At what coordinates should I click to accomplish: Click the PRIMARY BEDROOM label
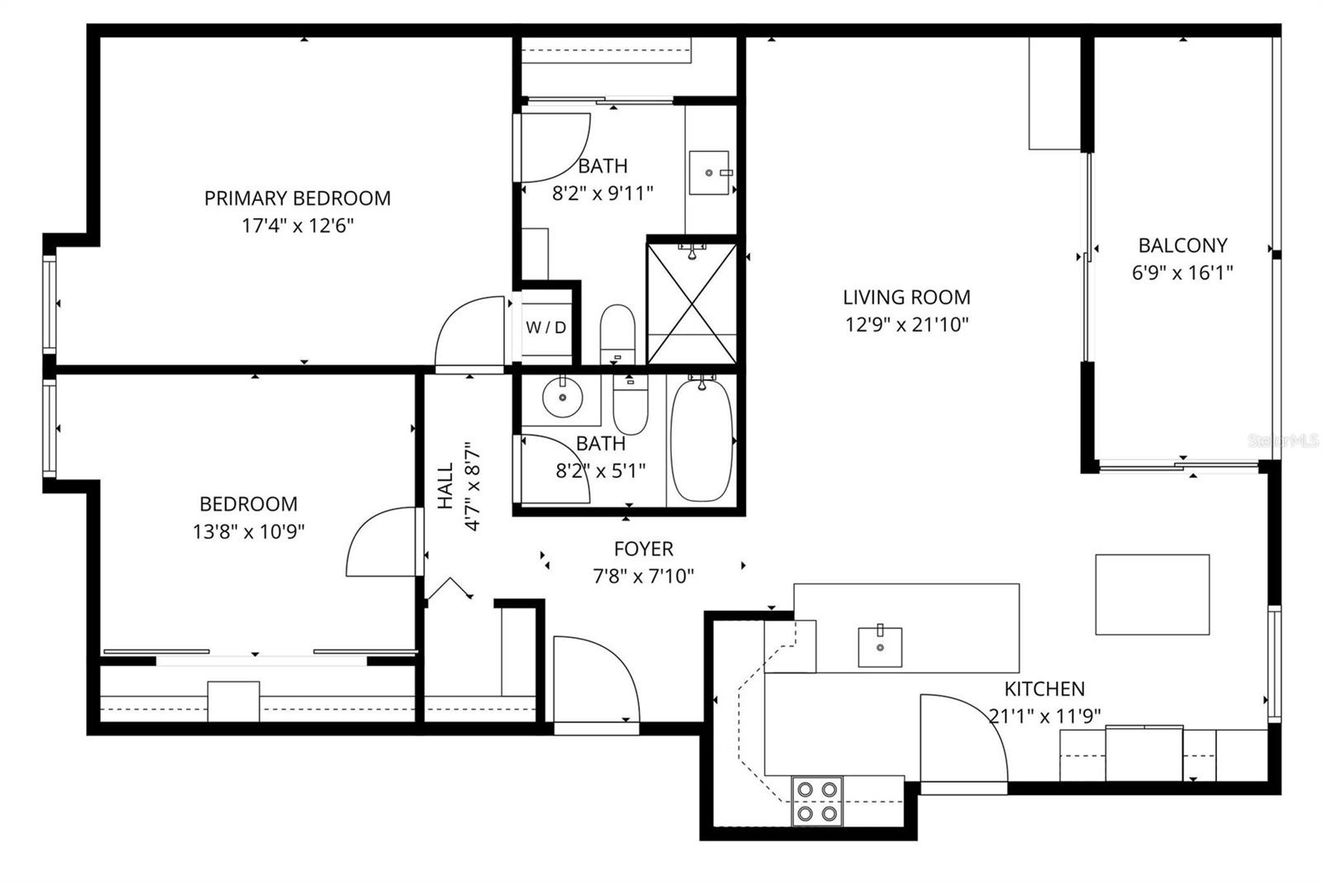pyautogui.click(x=297, y=198)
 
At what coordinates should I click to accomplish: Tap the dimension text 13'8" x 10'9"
pyautogui.click(x=249, y=531)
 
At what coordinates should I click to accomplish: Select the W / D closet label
pyautogui.click(x=546, y=327)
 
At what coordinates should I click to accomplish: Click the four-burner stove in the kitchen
pyautogui.click(x=817, y=801)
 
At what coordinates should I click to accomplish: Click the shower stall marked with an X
pyautogui.click(x=692, y=302)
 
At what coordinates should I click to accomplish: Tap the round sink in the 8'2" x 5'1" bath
pyautogui.click(x=564, y=398)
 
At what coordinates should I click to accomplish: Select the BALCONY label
pyautogui.click(x=1182, y=245)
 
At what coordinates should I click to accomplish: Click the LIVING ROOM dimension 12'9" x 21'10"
pyautogui.click(x=906, y=324)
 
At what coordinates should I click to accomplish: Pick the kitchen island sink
pyautogui.click(x=880, y=646)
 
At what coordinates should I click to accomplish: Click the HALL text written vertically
pyautogui.click(x=446, y=486)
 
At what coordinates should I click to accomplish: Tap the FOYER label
pyautogui.click(x=644, y=549)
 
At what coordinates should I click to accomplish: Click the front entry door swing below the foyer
pyautogui.click(x=593, y=682)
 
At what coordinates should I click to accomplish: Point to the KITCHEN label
pyautogui.click(x=1044, y=689)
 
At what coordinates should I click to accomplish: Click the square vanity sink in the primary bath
pyautogui.click(x=709, y=172)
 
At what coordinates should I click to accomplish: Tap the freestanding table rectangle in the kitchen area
pyautogui.click(x=1152, y=594)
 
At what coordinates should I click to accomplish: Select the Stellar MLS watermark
pyautogui.click(x=1282, y=441)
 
